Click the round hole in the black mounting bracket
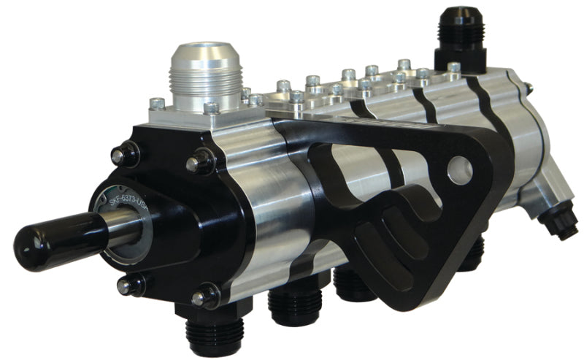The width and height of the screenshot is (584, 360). [x=459, y=167]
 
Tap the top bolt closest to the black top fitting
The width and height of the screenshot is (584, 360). [x=454, y=68]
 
